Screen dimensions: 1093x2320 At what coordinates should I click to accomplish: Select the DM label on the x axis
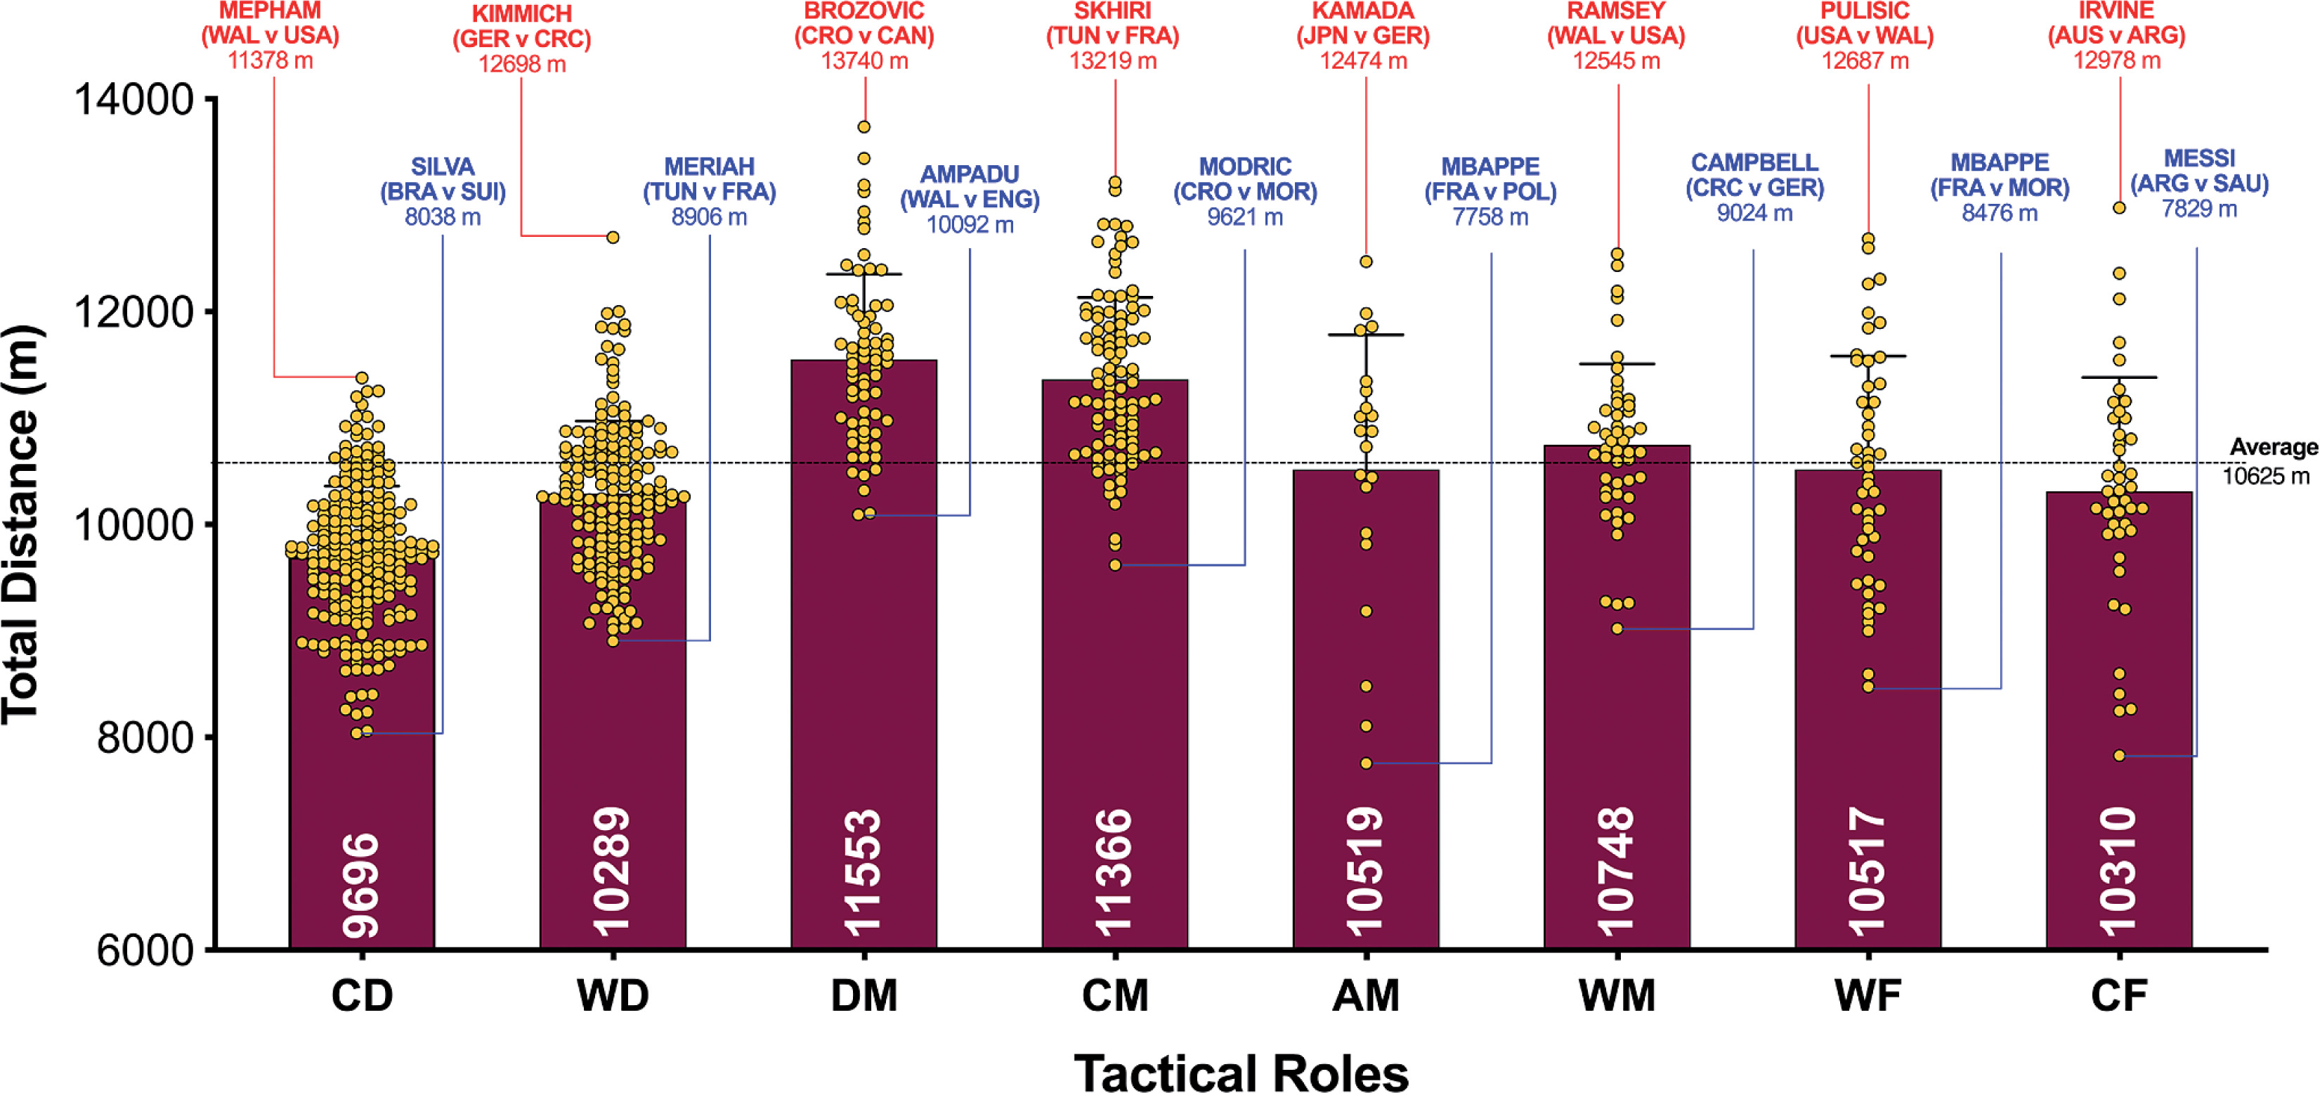click(864, 997)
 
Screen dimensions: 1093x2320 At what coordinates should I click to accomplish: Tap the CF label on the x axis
click(2118, 997)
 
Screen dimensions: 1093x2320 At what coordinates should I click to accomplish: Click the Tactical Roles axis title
click(1241, 1073)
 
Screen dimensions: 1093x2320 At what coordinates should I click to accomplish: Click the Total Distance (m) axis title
click(22, 524)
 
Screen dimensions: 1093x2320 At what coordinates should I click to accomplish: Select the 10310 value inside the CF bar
click(2118, 872)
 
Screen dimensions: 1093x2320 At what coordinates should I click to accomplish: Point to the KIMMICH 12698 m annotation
click(521, 39)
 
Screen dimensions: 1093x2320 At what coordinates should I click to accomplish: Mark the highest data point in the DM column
click(864, 127)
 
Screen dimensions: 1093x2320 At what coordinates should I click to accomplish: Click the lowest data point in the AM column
click(1367, 763)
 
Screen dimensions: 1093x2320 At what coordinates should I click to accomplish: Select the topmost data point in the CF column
click(2119, 208)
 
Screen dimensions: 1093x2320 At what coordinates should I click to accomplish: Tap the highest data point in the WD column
click(613, 238)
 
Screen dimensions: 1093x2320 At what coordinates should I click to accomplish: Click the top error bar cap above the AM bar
click(1367, 335)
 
